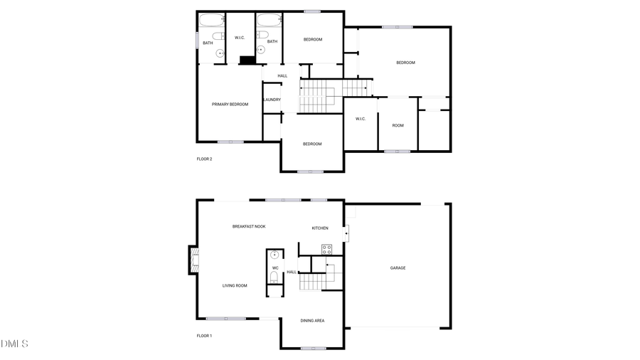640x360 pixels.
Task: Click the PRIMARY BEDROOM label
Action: [230, 105]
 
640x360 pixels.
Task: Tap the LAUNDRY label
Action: [272, 100]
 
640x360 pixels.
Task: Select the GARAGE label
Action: [398, 268]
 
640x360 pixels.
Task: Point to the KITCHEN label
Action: [320, 228]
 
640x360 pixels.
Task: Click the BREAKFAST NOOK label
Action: [249, 226]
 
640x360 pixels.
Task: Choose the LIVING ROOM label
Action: [235, 286]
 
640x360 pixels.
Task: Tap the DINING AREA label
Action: [312, 321]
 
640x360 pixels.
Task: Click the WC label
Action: [275, 268]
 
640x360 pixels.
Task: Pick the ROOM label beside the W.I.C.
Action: [398, 126]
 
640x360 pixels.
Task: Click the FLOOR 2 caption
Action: [204, 159]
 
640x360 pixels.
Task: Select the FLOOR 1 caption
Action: [204, 336]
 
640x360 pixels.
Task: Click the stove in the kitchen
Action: [327, 249]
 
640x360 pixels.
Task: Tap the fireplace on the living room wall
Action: [192, 260]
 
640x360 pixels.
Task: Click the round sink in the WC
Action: [274, 255]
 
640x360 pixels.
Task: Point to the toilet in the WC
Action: [274, 277]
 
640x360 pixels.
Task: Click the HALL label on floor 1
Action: [292, 272]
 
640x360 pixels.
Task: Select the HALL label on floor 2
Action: [282, 75]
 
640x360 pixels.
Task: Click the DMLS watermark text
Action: [14, 344]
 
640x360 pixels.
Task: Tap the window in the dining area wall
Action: [313, 348]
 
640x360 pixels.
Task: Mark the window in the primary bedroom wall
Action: [230, 142]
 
